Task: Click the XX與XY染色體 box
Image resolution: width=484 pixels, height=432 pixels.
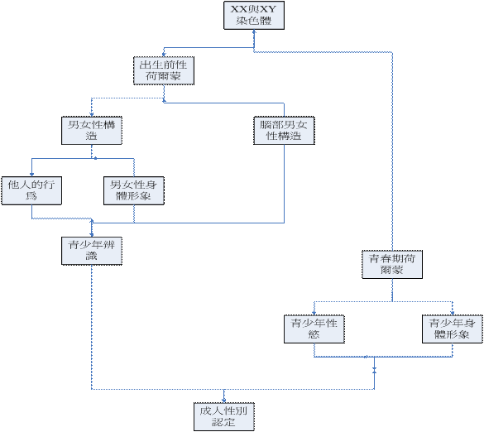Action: click(254, 15)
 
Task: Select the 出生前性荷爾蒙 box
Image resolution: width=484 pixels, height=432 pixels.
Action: click(164, 70)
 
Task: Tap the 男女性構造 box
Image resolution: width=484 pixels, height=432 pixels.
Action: click(92, 130)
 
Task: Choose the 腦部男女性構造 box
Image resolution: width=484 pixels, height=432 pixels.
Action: click(284, 130)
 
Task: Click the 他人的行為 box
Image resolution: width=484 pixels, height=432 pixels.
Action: click(31, 190)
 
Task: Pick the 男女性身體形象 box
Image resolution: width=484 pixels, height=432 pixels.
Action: click(134, 190)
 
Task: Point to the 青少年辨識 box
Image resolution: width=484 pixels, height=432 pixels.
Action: click(92, 251)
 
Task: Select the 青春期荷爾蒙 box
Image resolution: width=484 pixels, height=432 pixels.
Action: click(392, 264)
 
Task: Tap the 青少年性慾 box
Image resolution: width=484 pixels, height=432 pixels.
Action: click(314, 329)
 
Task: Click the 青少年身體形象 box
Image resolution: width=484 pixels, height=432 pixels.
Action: click(453, 329)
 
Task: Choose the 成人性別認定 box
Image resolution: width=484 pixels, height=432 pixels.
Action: click(224, 416)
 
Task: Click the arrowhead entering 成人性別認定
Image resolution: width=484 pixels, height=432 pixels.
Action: click(224, 401)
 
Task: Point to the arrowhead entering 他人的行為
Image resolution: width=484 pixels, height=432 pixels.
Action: click(31, 175)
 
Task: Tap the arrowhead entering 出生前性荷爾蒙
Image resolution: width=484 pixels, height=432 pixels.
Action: click(164, 55)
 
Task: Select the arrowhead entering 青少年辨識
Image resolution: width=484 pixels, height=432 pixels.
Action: click(92, 235)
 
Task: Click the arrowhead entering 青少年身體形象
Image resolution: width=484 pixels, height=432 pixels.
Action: click(453, 313)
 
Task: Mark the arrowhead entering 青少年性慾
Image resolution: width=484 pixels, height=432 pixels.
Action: click(314, 313)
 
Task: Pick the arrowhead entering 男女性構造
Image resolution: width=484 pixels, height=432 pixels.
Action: click(92, 114)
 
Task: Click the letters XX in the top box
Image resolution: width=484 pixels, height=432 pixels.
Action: click(238, 9)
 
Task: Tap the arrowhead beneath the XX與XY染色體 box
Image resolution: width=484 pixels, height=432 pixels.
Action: click(254, 31)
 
